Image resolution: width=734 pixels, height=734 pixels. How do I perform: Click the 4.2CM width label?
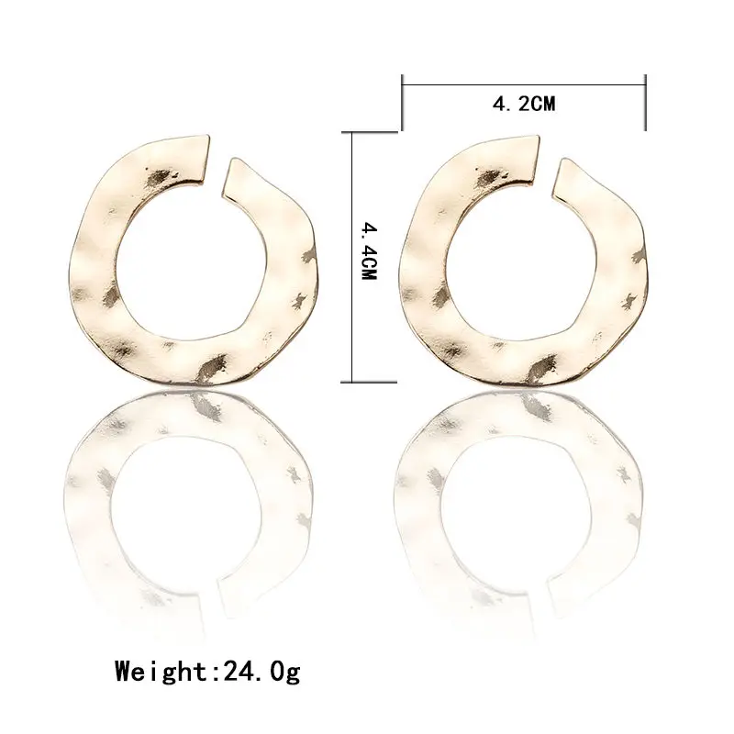524,104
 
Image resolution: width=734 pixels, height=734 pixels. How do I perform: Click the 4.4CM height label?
370,250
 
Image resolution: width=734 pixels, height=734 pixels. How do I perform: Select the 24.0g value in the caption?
261,672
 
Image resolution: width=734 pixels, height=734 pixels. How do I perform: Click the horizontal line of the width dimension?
524,85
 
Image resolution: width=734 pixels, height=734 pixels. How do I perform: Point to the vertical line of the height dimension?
352,257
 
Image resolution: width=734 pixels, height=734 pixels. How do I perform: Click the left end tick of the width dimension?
402,102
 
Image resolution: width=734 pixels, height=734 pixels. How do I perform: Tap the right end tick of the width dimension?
646,102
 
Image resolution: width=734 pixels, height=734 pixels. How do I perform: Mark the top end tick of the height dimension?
370,132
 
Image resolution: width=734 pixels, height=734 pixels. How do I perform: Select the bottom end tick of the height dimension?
370,383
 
